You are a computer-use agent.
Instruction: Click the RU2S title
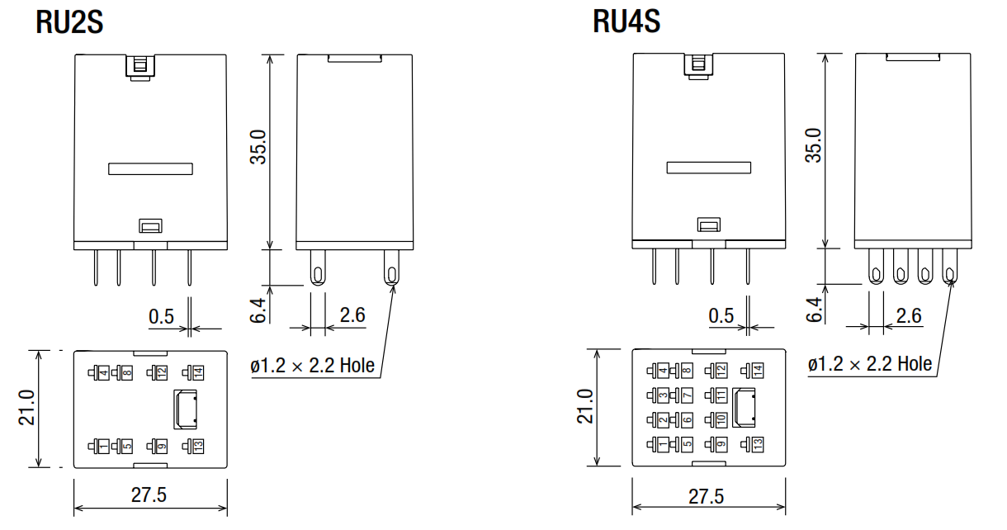69,22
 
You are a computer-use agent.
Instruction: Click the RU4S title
626,22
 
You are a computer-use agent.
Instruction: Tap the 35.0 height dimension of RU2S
259,147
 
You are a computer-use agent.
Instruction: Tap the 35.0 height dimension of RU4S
814,145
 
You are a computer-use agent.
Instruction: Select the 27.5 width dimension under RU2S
149,495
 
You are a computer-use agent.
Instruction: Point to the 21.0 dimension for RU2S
26,408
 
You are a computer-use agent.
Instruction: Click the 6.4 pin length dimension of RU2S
258,310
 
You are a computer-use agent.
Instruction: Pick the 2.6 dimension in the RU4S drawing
909,315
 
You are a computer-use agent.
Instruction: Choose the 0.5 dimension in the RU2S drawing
162,315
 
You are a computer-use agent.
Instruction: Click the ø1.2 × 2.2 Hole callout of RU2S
313,365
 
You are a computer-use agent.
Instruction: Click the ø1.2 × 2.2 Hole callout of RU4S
870,364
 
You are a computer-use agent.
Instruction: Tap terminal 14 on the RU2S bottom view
197,372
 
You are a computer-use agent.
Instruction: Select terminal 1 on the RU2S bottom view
102,446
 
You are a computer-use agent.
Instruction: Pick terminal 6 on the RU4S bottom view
687,419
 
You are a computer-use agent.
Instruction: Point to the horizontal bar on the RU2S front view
151,169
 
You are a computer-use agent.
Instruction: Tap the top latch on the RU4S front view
698,64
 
